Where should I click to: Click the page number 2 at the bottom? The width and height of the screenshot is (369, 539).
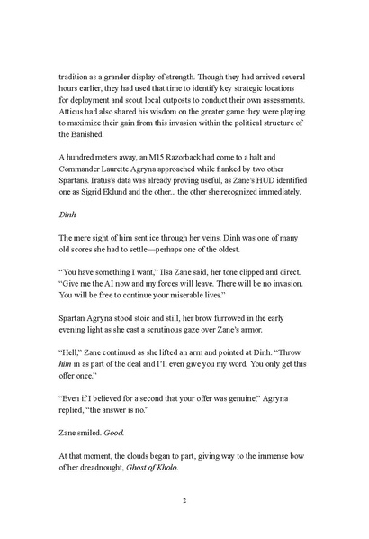tap(184, 498)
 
